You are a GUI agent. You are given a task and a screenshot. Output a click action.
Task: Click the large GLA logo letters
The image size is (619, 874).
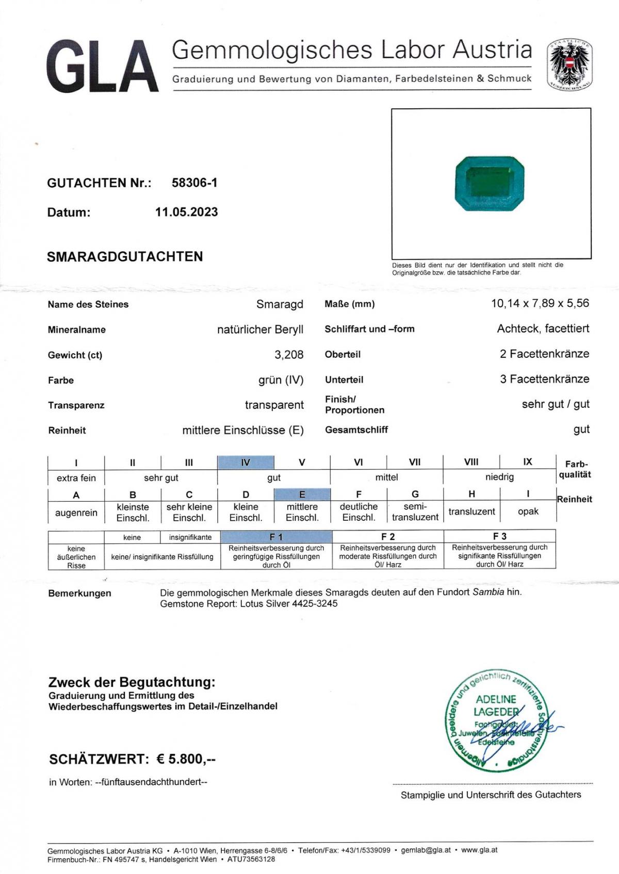tap(102, 67)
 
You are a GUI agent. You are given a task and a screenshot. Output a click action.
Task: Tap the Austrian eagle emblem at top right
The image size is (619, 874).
tap(569, 64)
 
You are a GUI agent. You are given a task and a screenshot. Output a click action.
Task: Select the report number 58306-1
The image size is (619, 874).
tap(194, 183)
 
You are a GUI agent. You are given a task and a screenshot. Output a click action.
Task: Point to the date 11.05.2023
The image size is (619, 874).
tap(186, 212)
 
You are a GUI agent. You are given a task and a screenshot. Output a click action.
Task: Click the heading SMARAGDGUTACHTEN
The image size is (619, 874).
tap(125, 257)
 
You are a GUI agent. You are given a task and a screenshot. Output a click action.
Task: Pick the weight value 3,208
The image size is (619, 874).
tap(289, 355)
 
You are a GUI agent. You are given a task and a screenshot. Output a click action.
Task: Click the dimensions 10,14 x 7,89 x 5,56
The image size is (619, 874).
tap(540, 303)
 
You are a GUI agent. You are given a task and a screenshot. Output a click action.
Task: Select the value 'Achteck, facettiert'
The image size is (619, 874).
tap(543, 328)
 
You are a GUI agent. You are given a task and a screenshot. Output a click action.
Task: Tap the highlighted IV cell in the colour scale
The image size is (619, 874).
tap(246, 463)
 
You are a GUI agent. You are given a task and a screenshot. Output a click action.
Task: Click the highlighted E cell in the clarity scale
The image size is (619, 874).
tap(302, 494)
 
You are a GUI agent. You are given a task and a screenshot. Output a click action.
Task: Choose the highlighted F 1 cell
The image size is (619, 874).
tap(276, 537)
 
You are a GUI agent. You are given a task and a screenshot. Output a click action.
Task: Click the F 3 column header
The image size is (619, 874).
tap(499, 536)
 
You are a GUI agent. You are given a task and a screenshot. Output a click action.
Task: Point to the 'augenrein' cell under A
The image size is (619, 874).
tap(76, 513)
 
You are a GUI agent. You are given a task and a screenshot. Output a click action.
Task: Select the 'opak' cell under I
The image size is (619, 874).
tap(528, 512)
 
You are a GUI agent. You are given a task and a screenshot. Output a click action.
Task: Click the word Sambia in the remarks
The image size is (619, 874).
tap(488, 592)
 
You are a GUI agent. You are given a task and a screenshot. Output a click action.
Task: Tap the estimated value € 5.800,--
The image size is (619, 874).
tap(186, 759)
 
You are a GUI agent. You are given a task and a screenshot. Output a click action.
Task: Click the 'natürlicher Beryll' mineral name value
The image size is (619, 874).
tap(260, 329)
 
